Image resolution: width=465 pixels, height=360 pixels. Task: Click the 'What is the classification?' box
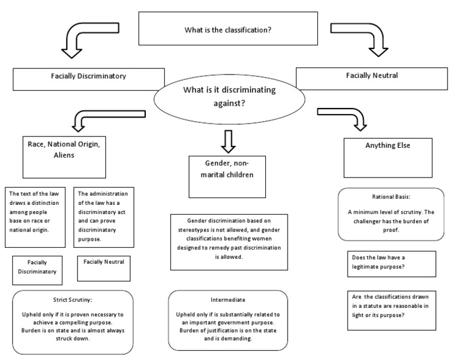coord(228,29)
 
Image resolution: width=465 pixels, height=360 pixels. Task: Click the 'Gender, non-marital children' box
coord(227,176)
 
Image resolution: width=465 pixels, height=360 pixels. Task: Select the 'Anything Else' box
coord(387,157)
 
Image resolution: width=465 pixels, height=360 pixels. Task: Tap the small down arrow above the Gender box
coord(228,141)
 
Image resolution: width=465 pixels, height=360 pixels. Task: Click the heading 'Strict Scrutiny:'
coord(72,299)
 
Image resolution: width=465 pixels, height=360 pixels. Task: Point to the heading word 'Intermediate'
coord(228,299)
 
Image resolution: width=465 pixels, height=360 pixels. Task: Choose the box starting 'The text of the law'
coord(35,217)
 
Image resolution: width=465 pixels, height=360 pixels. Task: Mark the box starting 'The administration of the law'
coord(104,217)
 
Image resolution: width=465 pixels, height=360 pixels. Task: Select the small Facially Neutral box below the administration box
coord(104,268)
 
